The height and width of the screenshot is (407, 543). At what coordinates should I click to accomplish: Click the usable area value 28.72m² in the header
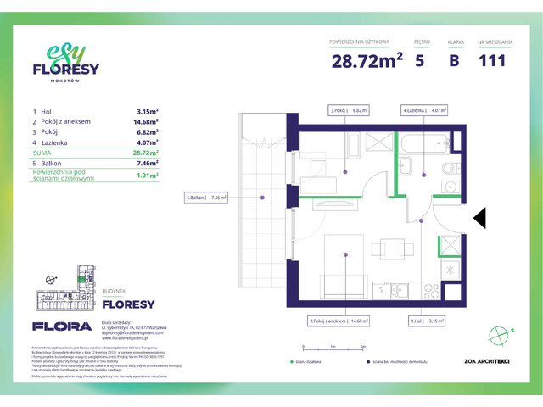coord(367,60)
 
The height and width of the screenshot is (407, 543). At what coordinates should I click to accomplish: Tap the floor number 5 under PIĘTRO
coord(420,60)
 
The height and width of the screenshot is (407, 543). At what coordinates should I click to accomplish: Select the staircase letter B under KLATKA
coord(454,60)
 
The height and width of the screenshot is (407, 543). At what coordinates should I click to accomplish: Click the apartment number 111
coord(492,60)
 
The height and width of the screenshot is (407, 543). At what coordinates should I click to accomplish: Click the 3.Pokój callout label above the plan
coord(349,109)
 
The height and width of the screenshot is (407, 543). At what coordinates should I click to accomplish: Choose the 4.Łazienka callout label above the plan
coord(424,109)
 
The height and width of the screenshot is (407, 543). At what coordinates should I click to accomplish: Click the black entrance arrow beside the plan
coord(479,218)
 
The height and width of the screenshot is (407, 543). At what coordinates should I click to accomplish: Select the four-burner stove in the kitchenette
coord(433,290)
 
